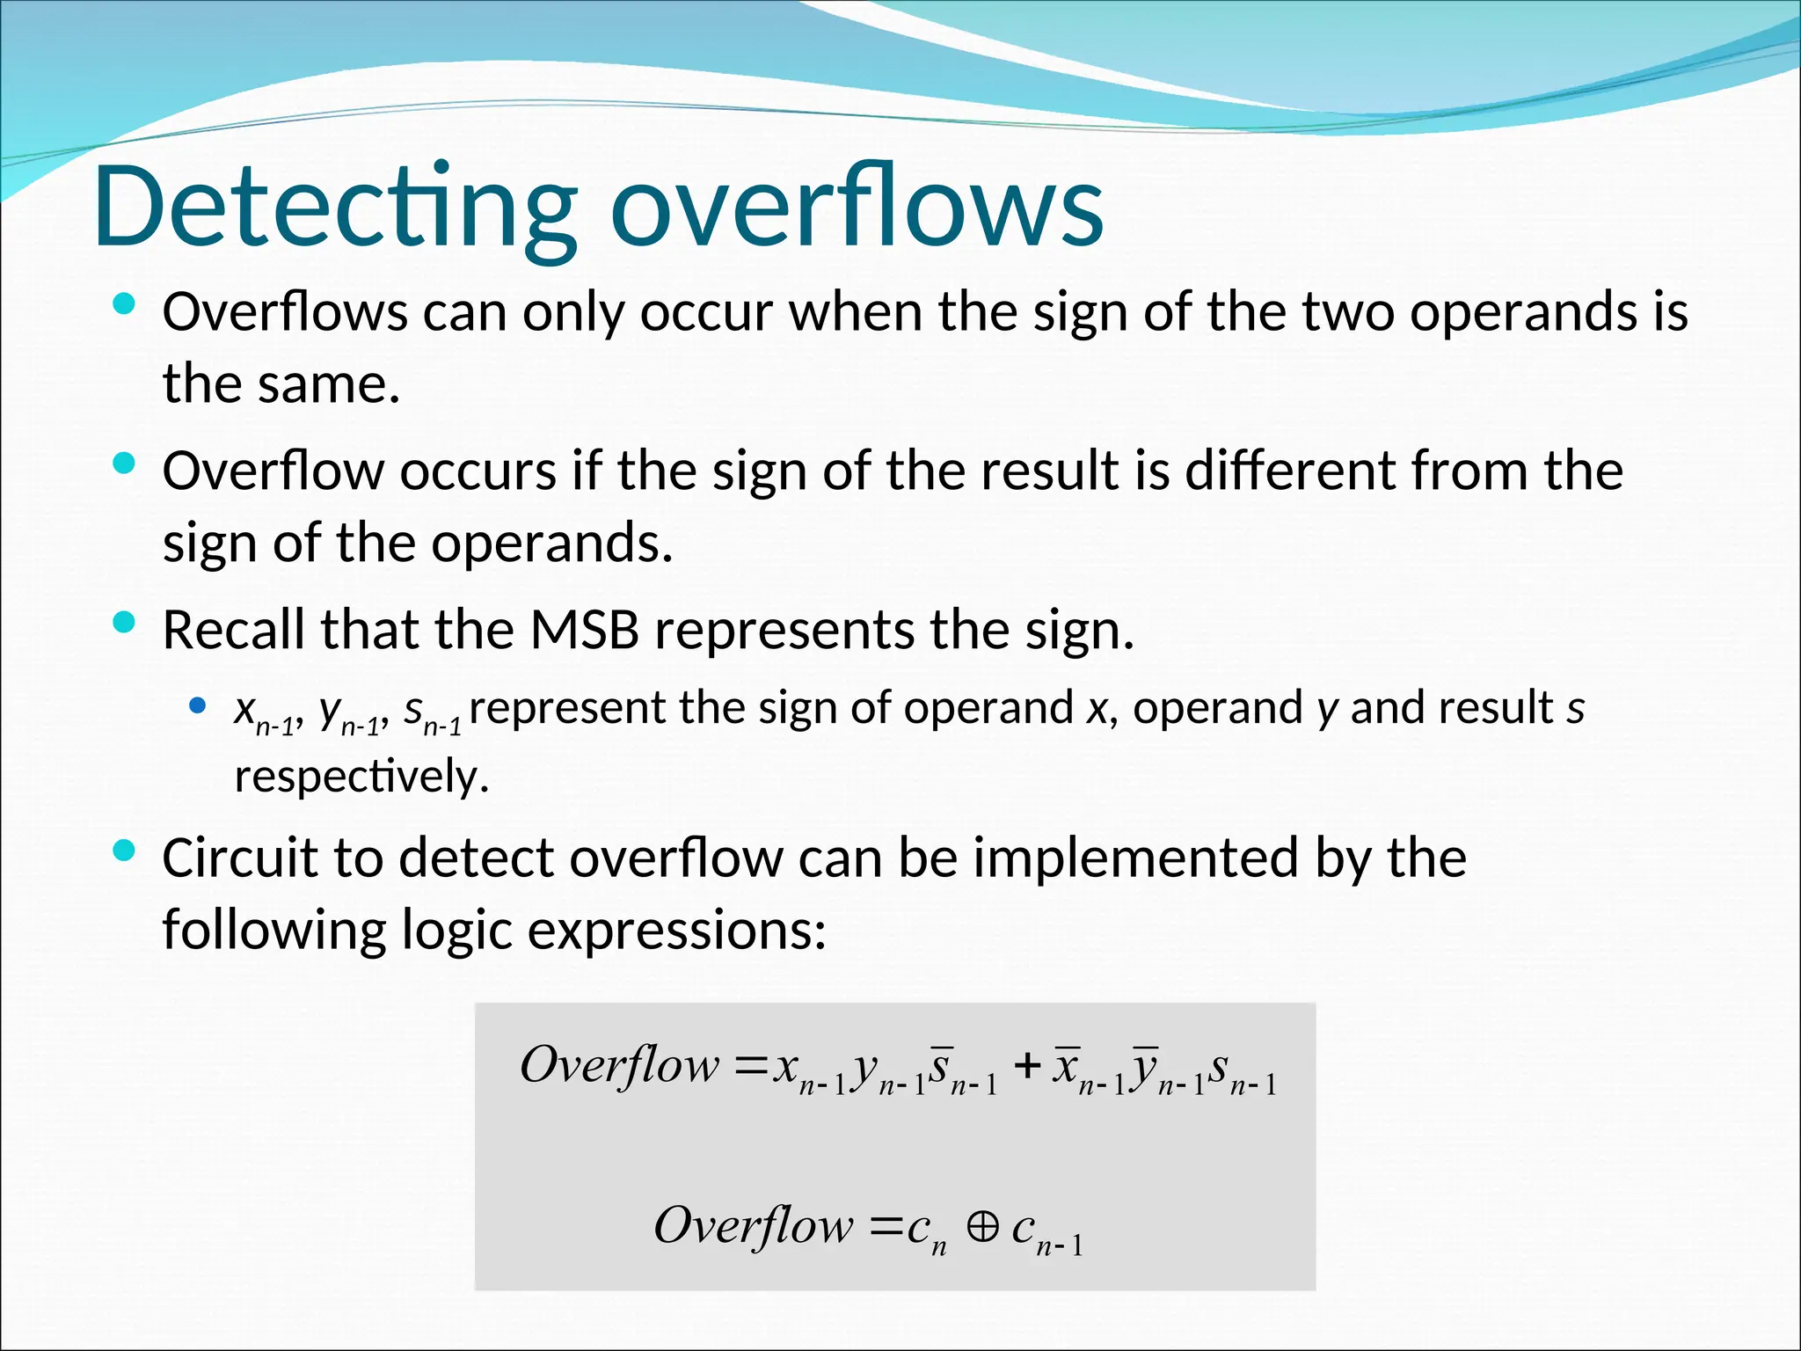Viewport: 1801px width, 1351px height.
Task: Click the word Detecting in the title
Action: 334,207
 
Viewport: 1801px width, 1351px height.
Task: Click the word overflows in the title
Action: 857,207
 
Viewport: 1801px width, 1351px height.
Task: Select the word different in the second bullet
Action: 1291,471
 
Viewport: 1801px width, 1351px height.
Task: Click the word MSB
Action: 584,630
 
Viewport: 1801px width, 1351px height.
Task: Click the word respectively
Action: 361,777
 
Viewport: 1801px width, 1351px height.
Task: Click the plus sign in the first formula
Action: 1026,1067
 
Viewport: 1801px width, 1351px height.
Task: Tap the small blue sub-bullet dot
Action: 197,705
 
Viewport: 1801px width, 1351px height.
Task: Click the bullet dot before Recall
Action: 124,623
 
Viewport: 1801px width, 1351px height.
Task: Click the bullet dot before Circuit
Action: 124,850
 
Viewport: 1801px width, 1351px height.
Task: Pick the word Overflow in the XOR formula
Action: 754,1225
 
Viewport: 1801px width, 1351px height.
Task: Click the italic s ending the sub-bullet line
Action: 1575,707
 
